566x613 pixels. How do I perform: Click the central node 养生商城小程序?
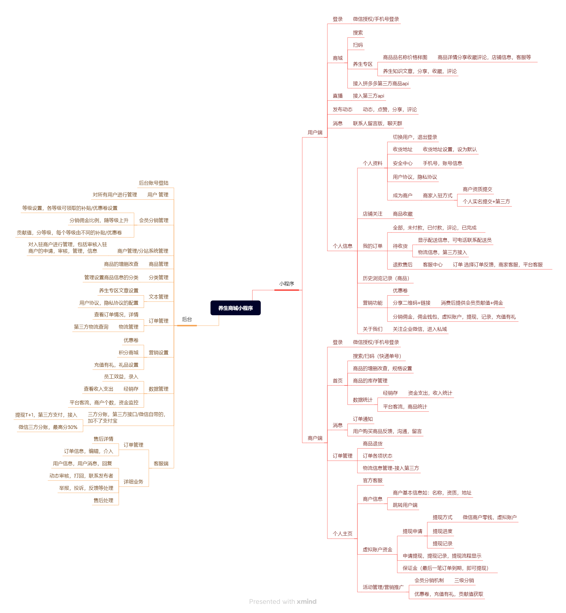click(235, 308)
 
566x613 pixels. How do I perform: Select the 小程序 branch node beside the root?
click(286, 284)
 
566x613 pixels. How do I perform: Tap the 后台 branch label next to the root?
click(187, 319)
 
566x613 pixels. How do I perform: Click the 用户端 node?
click(315, 132)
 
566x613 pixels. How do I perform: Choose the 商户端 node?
click(315, 438)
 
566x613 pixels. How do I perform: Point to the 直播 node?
click(337, 96)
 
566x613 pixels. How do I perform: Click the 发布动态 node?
click(342, 110)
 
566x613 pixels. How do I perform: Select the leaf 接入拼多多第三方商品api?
click(380, 83)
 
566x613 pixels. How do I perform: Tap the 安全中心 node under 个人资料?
click(402, 163)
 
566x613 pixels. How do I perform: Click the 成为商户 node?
click(402, 196)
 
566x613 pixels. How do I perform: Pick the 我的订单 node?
click(372, 246)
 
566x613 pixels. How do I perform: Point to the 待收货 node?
click(400, 246)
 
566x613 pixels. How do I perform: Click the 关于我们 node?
click(372, 329)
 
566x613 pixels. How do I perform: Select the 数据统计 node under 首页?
click(363, 400)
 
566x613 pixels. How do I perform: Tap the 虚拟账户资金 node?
click(377, 550)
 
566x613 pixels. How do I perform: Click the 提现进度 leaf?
click(442, 531)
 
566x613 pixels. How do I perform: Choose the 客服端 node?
click(161, 463)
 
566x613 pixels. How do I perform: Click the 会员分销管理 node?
click(153, 220)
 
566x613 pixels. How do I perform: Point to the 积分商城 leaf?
click(128, 352)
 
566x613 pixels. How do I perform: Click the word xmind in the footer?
click(307, 601)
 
